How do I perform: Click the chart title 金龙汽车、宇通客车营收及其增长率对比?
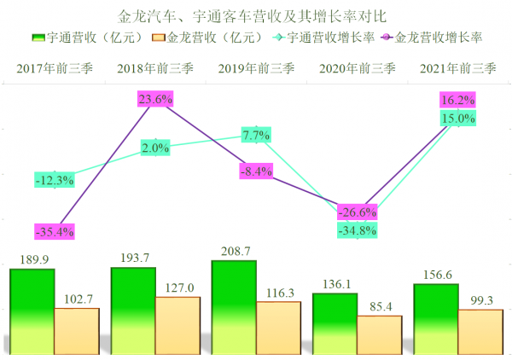255,16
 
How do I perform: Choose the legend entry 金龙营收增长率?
435,38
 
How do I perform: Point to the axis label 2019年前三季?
256,67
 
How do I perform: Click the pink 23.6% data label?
156,100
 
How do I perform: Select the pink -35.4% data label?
55,231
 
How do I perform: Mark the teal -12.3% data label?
55,179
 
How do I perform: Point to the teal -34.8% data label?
357,230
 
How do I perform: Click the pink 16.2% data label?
457,100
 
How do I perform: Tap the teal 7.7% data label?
256,135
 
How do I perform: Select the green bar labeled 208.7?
234,306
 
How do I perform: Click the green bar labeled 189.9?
32,311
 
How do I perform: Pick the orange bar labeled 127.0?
177,324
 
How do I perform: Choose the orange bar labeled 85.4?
379,334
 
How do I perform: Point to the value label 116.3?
278,293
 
